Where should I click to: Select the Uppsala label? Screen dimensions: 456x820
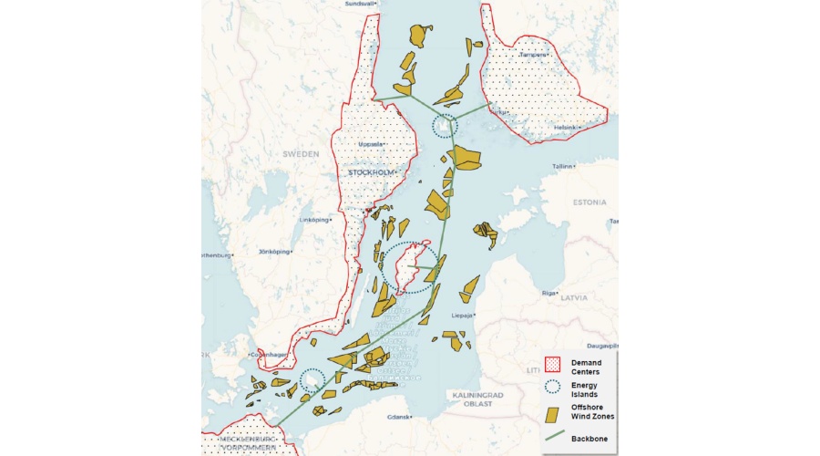pyautogui.click(x=371, y=144)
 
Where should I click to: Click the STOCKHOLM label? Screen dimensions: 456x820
pyautogui.click(x=370, y=171)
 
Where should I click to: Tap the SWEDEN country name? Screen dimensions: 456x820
pyautogui.click(x=300, y=154)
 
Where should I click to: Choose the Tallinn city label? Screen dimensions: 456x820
pyautogui.click(x=561, y=167)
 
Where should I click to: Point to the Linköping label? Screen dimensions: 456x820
pyautogui.click(x=313, y=220)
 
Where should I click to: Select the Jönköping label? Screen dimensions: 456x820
pyautogui.click(x=273, y=251)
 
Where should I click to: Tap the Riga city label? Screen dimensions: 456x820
pyautogui.click(x=548, y=293)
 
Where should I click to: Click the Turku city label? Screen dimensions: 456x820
pyautogui.click(x=497, y=112)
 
